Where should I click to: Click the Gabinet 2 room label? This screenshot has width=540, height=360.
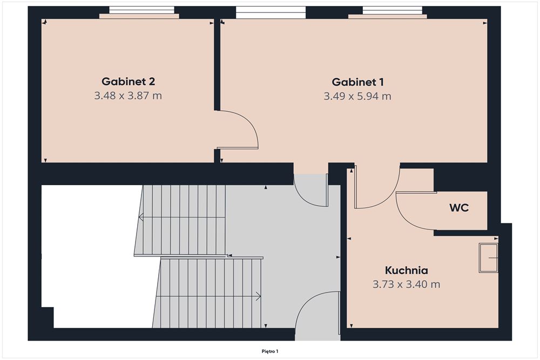(128, 81)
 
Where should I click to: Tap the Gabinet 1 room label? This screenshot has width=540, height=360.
(357, 82)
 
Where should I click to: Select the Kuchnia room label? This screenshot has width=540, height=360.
(407, 270)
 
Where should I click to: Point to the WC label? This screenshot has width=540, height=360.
(458, 208)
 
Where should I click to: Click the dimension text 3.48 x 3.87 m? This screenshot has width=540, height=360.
(128, 96)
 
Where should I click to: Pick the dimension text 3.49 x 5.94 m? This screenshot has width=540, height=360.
(357, 97)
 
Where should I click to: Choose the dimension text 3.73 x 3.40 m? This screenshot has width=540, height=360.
(407, 284)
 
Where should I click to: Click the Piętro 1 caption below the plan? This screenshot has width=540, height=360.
(270, 351)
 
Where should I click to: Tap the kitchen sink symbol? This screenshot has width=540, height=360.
(488, 258)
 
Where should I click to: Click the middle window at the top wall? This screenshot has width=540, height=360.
(271, 12)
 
